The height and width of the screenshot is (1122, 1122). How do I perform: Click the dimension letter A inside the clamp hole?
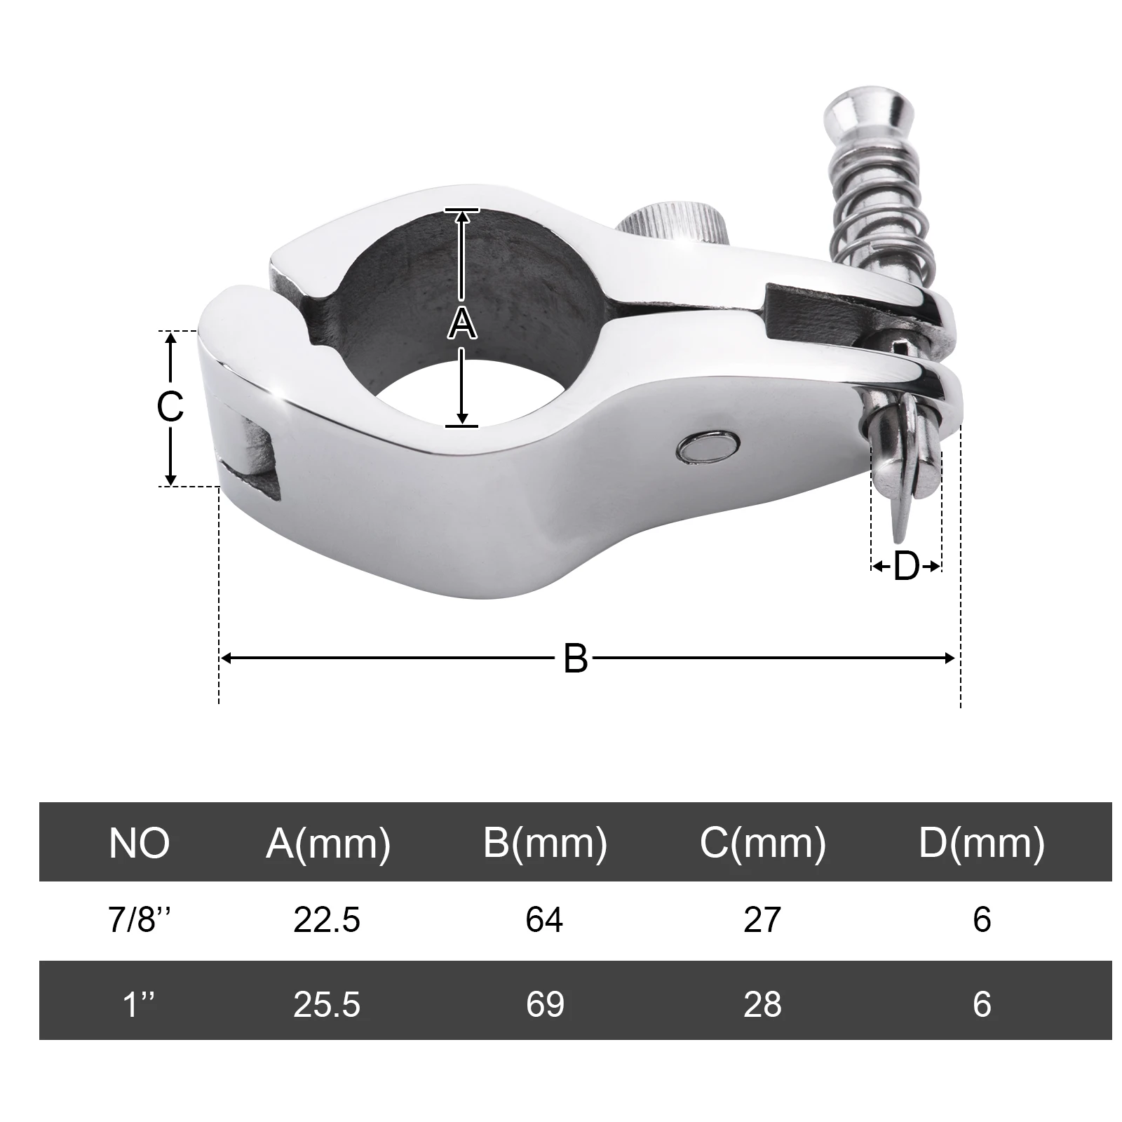click(461, 324)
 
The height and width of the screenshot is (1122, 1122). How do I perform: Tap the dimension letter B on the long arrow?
click(575, 658)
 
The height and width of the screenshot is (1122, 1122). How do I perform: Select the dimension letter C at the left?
click(170, 406)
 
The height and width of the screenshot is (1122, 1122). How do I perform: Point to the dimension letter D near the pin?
click(905, 566)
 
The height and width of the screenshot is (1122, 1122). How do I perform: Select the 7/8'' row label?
click(140, 919)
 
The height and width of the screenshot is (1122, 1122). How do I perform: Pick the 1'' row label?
click(140, 1003)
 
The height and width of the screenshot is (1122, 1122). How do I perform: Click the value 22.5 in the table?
click(327, 919)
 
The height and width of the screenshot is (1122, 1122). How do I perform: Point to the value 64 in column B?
click(544, 919)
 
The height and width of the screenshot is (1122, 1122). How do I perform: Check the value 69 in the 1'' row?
click(545, 1003)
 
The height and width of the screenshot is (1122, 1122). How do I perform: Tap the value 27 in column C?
click(762, 919)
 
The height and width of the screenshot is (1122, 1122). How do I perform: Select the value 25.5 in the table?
click(327, 1003)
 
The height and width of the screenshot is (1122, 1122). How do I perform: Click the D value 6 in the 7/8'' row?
click(982, 919)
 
